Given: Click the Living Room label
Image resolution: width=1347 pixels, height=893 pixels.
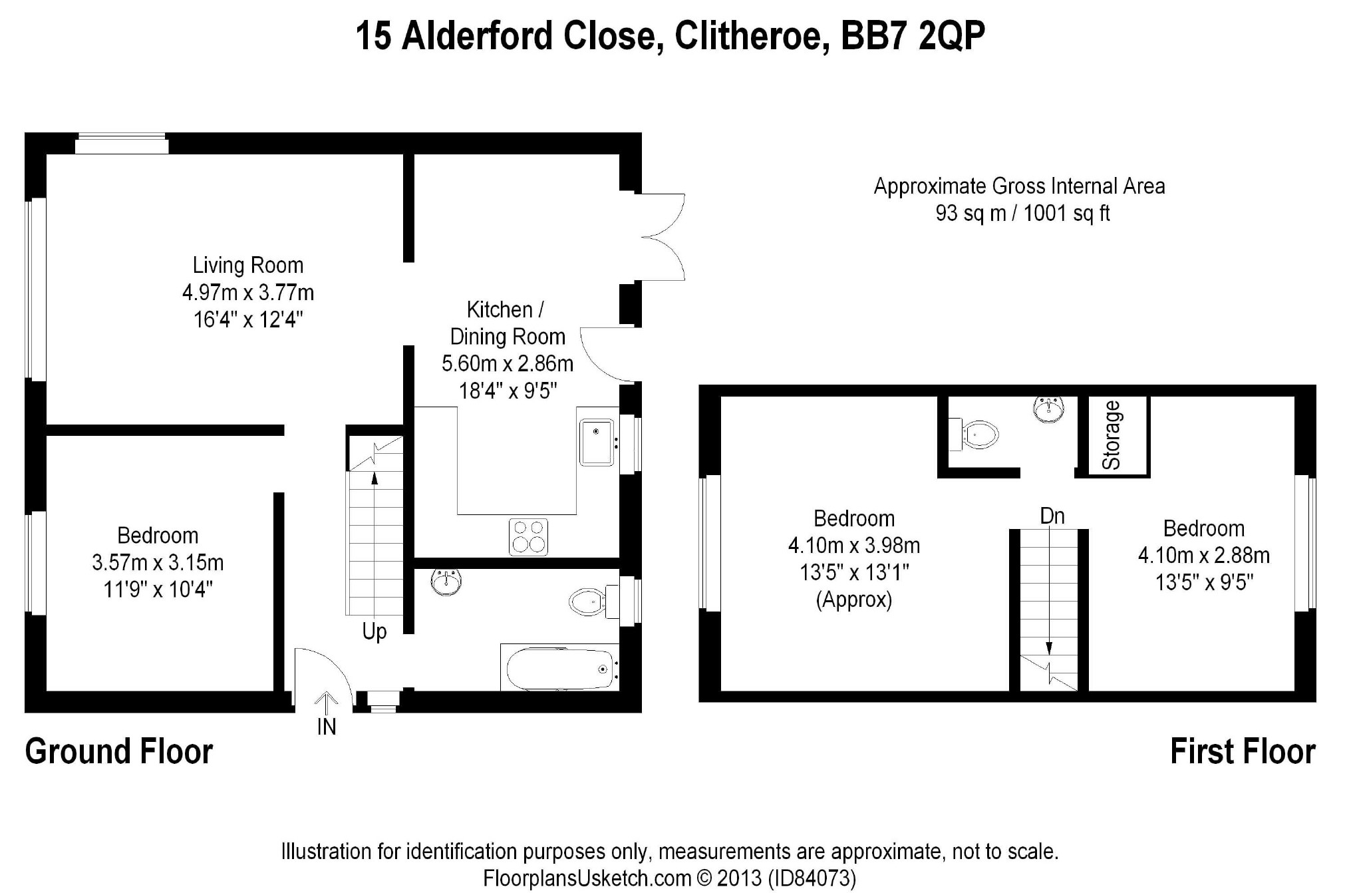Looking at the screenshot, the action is pyautogui.click(x=248, y=266).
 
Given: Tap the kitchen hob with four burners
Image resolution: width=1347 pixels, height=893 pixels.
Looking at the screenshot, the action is pyautogui.click(x=528, y=536).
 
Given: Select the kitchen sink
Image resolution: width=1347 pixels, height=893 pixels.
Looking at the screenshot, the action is pyautogui.click(x=597, y=441).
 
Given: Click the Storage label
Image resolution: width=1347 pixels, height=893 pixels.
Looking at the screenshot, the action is pyautogui.click(x=1112, y=436).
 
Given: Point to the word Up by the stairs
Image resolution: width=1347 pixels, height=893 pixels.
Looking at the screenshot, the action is pyautogui.click(x=374, y=631).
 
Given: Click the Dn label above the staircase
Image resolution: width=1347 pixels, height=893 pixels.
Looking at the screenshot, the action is pyautogui.click(x=1052, y=516).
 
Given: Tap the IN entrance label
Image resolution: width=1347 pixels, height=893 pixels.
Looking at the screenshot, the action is pyautogui.click(x=327, y=727).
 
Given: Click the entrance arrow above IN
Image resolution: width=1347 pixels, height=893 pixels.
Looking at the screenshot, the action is pyautogui.click(x=327, y=702).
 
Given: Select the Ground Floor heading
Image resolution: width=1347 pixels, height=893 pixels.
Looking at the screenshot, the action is pyautogui.click(x=119, y=752).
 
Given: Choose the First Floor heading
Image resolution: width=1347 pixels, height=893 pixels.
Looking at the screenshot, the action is pyautogui.click(x=1243, y=752).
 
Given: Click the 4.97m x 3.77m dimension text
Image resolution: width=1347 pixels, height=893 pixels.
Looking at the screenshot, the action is pyautogui.click(x=248, y=293).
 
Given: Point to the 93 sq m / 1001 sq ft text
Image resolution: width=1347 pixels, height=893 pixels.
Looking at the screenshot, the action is pyautogui.click(x=1022, y=214).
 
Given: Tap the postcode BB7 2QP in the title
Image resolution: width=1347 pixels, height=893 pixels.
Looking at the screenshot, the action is pyautogui.click(x=913, y=36).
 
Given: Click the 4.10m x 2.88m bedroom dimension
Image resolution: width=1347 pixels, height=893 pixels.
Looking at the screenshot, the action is pyautogui.click(x=1204, y=556).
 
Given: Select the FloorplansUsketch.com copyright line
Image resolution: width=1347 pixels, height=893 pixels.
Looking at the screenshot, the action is pyautogui.click(x=669, y=878).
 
